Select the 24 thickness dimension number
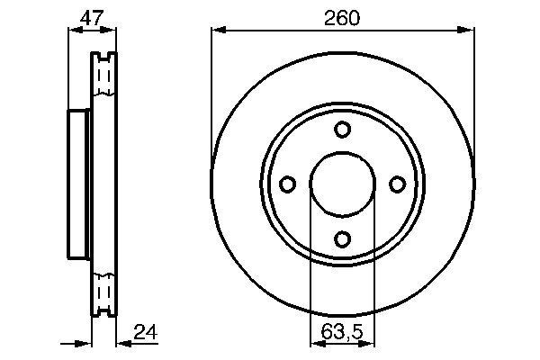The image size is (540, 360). coord(143,332)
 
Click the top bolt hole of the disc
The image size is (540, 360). coord(342,130)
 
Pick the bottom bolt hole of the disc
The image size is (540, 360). coord(342,238)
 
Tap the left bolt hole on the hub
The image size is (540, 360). coord(288,184)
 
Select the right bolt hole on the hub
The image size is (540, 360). coord(397,184)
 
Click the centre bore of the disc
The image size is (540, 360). coord(342,184)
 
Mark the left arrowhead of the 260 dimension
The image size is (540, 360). coord(217,30)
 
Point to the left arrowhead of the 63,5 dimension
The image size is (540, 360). coord(315,343)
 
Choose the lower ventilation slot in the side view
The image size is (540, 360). coord(105,292)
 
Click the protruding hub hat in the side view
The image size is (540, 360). coord(77,184)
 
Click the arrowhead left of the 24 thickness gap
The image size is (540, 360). coord(87,343)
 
